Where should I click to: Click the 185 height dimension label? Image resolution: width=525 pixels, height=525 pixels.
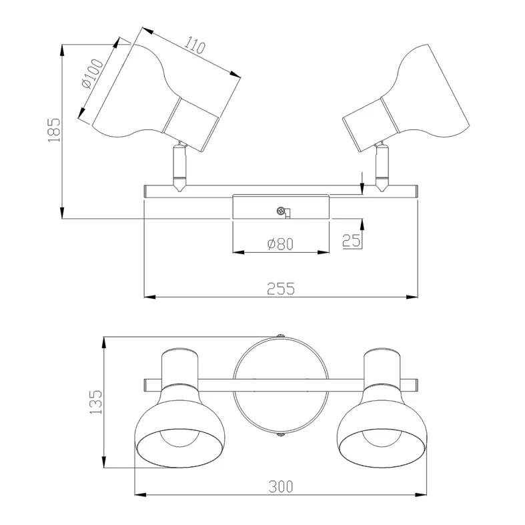pyautogui.click(x=54, y=130)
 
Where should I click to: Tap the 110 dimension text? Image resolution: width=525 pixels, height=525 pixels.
pyautogui.click(x=195, y=46)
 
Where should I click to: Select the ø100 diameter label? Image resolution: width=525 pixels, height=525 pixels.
pyautogui.click(x=93, y=73)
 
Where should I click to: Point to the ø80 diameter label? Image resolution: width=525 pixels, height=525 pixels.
pyautogui.click(x=281, y=244)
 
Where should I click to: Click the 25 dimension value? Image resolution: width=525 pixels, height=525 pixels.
pyautogui.click(x=352, y=240)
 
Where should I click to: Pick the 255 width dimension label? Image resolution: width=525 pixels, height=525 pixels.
pyautogui.click(x=281, y=289)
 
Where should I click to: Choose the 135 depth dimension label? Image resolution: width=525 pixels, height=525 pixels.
pyautogui.click(x=96, y=402)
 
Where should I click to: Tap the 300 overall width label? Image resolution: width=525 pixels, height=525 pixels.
pyautogui.click(x=281, y=486)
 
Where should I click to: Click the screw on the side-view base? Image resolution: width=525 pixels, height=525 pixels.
pyautogui.click(x=281, y=211)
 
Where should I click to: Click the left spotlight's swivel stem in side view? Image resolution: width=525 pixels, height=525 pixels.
pyautogui.click(x=179, y=167)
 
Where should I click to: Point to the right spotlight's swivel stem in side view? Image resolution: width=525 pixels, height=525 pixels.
pyautogui.click(x=382, y=167)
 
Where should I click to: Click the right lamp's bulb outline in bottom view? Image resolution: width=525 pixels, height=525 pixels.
pyautogui.click(x=382, y=446)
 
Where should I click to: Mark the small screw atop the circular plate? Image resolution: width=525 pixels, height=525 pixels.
pyautogui.click(x=281, y=335)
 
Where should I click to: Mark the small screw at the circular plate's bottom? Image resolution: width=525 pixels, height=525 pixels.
pyautogui.click(x=281, y=434)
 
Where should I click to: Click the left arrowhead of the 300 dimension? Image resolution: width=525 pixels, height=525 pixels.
pyautogui.click(x=140, y=494)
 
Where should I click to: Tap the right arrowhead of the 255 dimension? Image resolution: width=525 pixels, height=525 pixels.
pyautogui.click(x=412, y=297)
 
